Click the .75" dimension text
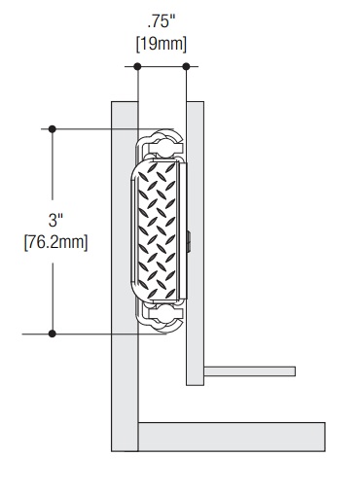coord(161,22)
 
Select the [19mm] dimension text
coord(162,44)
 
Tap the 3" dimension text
coord(55,220)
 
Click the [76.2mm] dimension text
coord(55,242)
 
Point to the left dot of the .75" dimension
coord(137,67)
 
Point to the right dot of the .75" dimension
coord(186,67)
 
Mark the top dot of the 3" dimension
coord(53,129)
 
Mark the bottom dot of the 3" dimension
coord(53,334)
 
